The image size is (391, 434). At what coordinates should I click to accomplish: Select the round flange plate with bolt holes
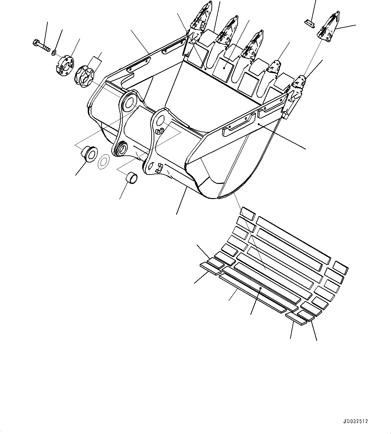click(65, 65)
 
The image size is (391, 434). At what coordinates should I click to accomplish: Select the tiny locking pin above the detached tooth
click(309, 23)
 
